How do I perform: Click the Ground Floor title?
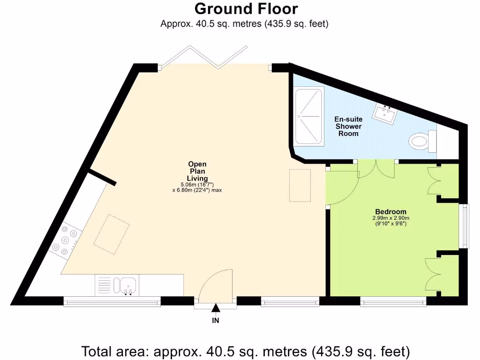(x=246, y=9)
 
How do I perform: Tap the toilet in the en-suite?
(x=420, y=141)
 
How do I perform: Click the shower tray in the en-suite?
(x=308, y=116)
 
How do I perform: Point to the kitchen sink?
(x=127, y=285)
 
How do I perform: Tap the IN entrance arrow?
(x=216, y=308)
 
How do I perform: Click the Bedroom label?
(x=390, y=211)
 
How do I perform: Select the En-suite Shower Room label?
(x=349, y=127)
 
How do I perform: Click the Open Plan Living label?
(x=197, y=171)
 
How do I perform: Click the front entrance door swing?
(x=216, y=285)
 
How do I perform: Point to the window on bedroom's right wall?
(x=464, y=226)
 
